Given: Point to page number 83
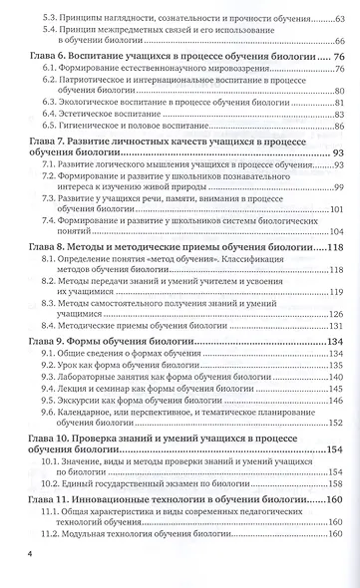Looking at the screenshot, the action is coord(338,115).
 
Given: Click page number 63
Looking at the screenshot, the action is coord(338,18).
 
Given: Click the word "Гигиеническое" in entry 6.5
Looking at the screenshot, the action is coord(95,127).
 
